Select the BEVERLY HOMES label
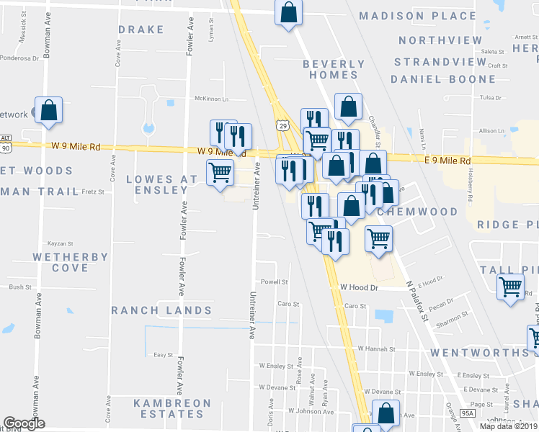330,69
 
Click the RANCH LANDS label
161,311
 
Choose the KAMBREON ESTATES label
173,409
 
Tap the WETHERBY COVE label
71,262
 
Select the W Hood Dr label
359,287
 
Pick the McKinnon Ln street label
211,99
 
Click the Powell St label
275,282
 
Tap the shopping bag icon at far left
48,111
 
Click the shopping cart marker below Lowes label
220,173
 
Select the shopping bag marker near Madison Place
288,12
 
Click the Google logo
24,423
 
